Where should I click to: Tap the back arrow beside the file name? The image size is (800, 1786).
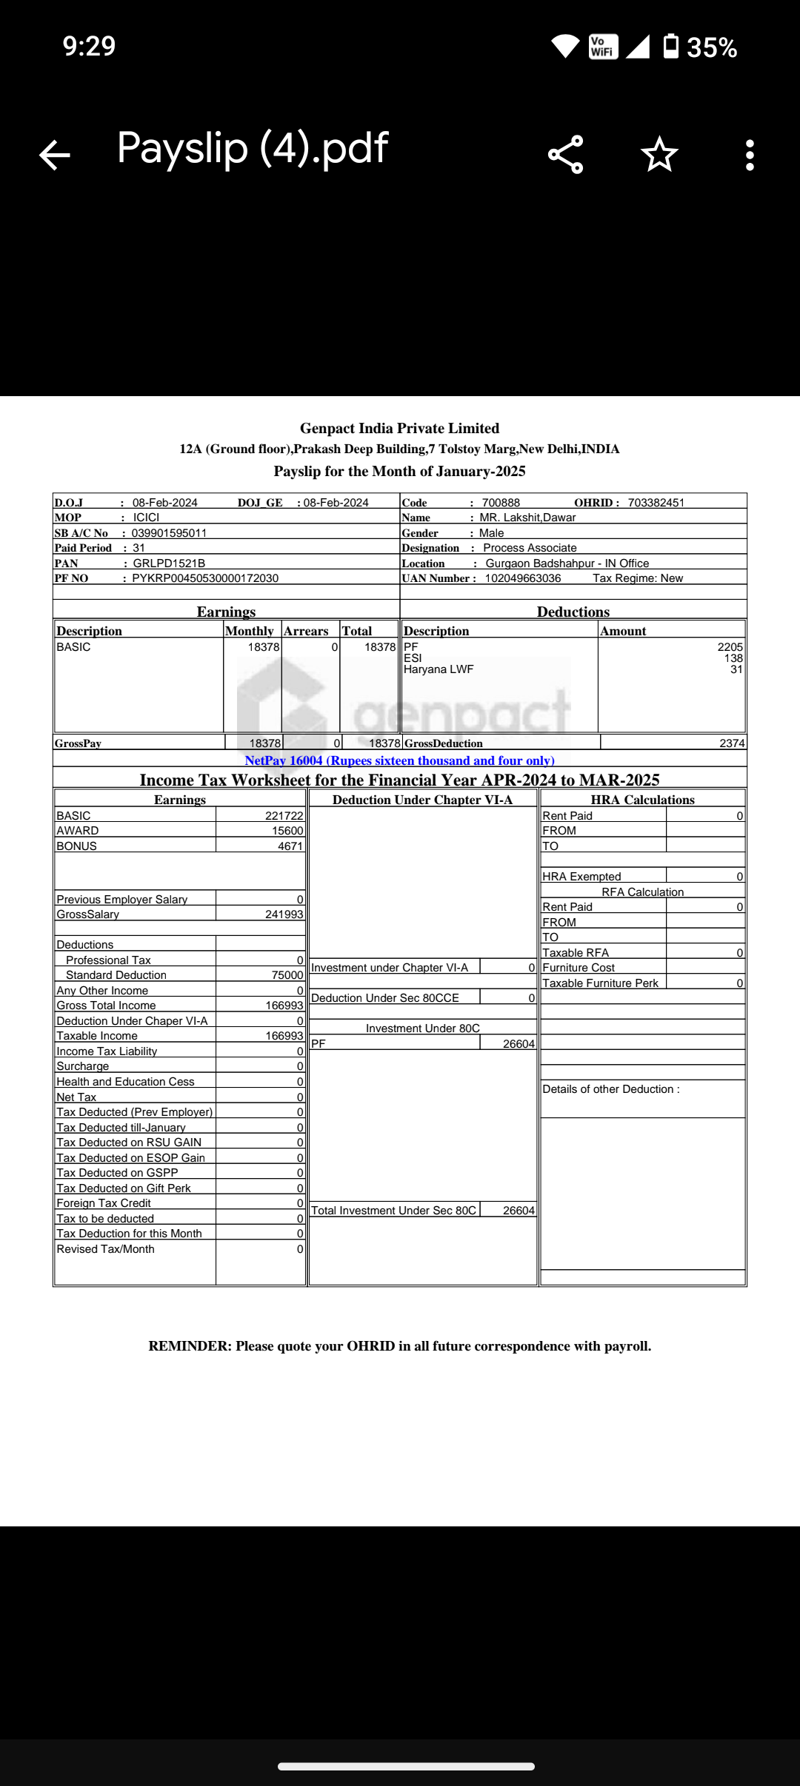tap(55, 155)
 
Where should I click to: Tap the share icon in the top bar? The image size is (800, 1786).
tap(566, 155)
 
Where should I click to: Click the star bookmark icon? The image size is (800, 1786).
tap(659, 155)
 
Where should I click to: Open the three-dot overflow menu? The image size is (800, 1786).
tap(750, 155)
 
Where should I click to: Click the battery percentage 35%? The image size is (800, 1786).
tap(711, 47)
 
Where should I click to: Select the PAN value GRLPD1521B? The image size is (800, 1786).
tap(169, 563)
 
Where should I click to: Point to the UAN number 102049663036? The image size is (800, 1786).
tap(523, 578)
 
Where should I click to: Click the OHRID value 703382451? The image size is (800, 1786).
tap(656, 503)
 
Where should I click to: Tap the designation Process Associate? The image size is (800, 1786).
tap(530, 548)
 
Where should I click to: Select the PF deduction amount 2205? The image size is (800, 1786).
tap(730, 647)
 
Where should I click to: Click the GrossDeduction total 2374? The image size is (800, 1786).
tap(732, 743)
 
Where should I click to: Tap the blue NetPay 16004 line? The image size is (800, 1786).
tap(399, 760)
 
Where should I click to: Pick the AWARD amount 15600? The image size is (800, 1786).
tap(287, 831)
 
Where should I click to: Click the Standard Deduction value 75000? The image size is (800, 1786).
tap(287, 975)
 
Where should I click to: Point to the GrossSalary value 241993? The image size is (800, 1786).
tap(284, 914)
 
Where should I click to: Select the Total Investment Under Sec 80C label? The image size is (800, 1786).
tap(393, 1211)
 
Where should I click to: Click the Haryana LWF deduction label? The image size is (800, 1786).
tap(439, 669)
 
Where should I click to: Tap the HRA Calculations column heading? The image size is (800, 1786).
tap(642, 800)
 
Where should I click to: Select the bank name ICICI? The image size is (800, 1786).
tap(146, 518)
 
